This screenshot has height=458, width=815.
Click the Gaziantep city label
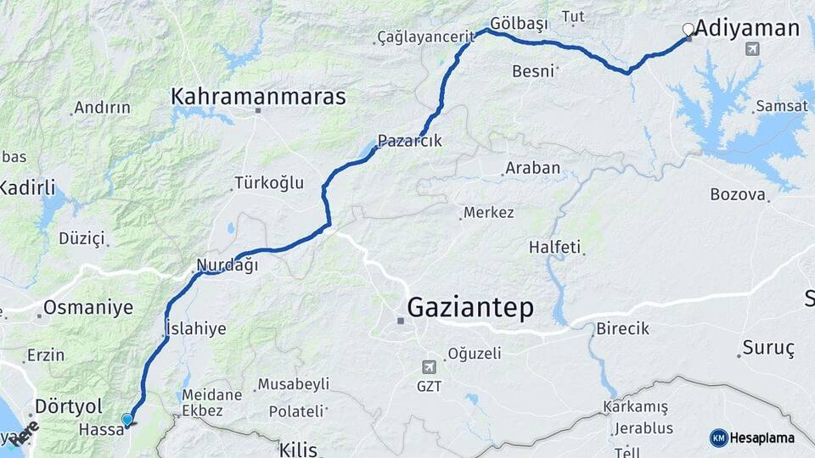(x=471, y=307)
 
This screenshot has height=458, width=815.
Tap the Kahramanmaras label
(x=259, y=97)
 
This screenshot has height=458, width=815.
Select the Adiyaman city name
(x=747, y=29)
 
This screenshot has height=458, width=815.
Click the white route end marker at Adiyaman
(x=688, y=30)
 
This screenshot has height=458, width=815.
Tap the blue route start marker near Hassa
(x=127, y=419)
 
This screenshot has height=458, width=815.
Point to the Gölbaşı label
(x=520, y=23)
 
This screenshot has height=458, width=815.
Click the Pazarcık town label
(x=410, y=141)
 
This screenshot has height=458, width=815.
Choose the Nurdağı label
(x=227, y=265)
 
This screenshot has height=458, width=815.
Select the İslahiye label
(x=195, y=329)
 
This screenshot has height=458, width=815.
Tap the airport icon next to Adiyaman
(x=751, y=49)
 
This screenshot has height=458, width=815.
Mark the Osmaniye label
(x=88, y=308)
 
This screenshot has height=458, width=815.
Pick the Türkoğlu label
(x=268, y=183)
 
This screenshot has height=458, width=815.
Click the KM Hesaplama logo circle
(x=718, y=438)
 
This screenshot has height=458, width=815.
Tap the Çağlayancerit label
(x=425, y=37)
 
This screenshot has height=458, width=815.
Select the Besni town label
(x=533, y=71)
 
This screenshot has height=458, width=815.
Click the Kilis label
(x=298, y=449)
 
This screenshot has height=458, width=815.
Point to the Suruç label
(x=767, y=348)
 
